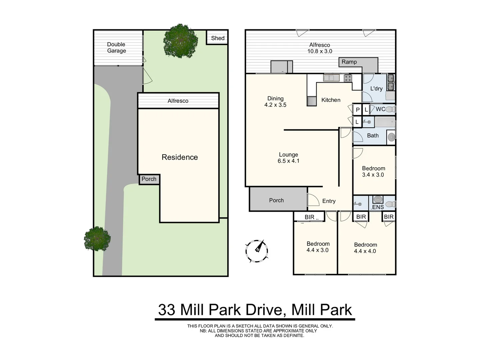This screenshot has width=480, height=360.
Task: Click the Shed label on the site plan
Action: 218,38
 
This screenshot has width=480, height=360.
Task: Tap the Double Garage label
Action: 116,47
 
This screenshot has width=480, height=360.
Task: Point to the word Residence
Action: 180,157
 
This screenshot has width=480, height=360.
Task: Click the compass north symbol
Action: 257,250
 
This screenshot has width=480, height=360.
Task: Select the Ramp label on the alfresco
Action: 349,62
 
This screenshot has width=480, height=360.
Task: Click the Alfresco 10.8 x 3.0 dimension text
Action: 320,51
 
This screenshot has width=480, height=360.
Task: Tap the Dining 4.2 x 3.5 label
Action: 275,102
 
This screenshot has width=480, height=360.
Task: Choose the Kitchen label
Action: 331,100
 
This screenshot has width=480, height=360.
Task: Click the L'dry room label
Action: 376,88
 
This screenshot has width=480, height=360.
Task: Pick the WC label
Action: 380,109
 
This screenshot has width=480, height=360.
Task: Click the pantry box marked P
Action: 358,110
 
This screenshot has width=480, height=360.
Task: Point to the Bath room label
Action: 373,135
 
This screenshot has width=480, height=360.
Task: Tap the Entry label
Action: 329,201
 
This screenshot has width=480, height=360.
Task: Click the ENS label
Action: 378,207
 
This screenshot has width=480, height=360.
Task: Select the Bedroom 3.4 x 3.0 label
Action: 373,171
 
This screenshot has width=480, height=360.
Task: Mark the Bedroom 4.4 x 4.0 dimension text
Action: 365,251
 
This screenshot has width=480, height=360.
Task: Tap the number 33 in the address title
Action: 166,310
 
